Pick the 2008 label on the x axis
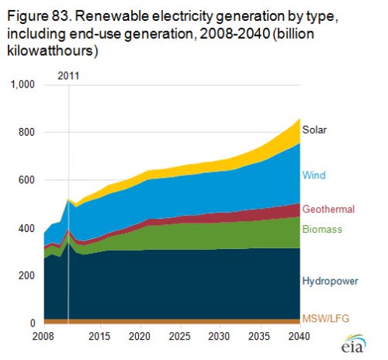point(44,337)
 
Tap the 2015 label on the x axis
point(98,337)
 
